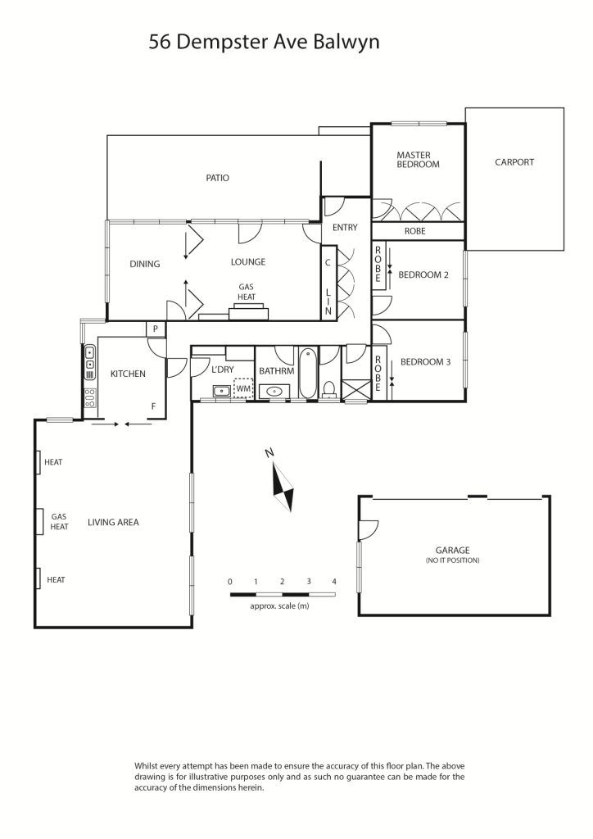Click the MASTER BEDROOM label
pyautogui.click(x=418, y=160)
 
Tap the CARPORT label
pyautogui.click(x=514, y=162)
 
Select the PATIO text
pyautogui.click(x=218, y=178)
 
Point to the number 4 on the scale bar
pyautogui.click(x=334, y=582)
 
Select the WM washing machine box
pyautogui.click(x=243, y=388)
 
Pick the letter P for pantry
pyautogui.click(x=156, y=329)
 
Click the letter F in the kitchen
pyautogui.click(x=153, y=406)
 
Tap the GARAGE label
pyautogui.click(x=452, y=550)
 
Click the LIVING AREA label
pyautogui.click(x=113, y=522)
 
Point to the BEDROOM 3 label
pyautogui.click(x=426, y=361)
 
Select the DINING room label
pyautogui.click(x=145, y=264)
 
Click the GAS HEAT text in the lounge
pyautogui.click(x=247, y=293)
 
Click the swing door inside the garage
pyautogui.click(x=369, y=530)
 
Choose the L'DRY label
pyautogui.click(x=223, y=370)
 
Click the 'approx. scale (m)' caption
pyautogui.click(x=279, y=606)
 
